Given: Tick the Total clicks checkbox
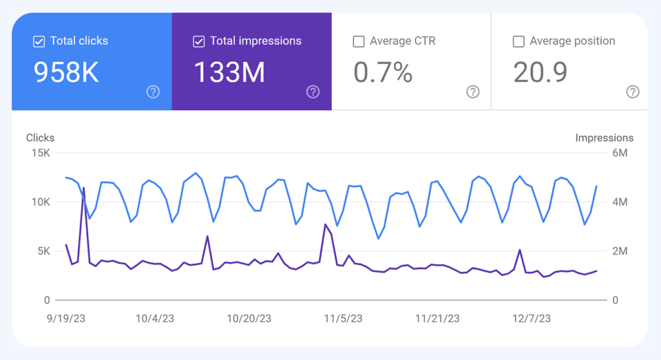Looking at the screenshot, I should [39, 42].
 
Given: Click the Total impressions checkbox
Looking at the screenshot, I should [199, 42].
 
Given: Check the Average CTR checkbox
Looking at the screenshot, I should [359, 42].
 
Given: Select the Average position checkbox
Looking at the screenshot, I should [518, 42].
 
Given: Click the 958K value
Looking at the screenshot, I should [67, 72].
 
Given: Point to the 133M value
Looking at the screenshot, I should [229, 72].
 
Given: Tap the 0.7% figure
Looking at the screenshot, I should [383, 72].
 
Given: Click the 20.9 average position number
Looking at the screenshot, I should [541, 72].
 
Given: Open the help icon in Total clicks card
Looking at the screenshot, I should [153, 92].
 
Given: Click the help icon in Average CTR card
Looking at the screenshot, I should [472, 92].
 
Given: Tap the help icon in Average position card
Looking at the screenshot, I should [632, 92].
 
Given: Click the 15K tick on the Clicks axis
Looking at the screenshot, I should [41, 153].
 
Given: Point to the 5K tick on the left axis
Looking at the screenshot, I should [43, 251].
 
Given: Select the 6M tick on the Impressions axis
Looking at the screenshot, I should [620, 153].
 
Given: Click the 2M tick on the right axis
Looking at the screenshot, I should [620, 251].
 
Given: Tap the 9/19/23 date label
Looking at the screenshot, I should [67, 318].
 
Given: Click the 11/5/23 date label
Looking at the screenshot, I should [344, 318].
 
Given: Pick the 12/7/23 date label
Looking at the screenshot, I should [531, 318].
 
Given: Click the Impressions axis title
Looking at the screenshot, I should [604, 138].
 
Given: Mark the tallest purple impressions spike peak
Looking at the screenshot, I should [84, 187].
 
